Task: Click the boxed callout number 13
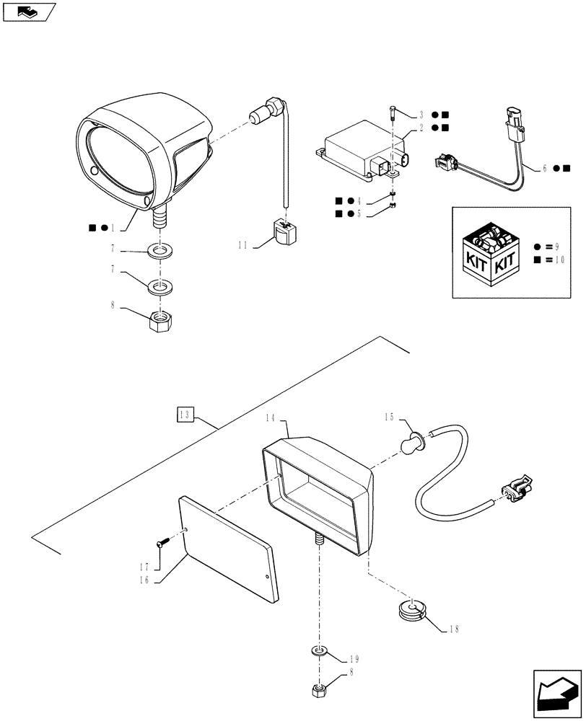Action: [185, 414]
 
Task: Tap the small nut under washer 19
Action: [318, 691]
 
